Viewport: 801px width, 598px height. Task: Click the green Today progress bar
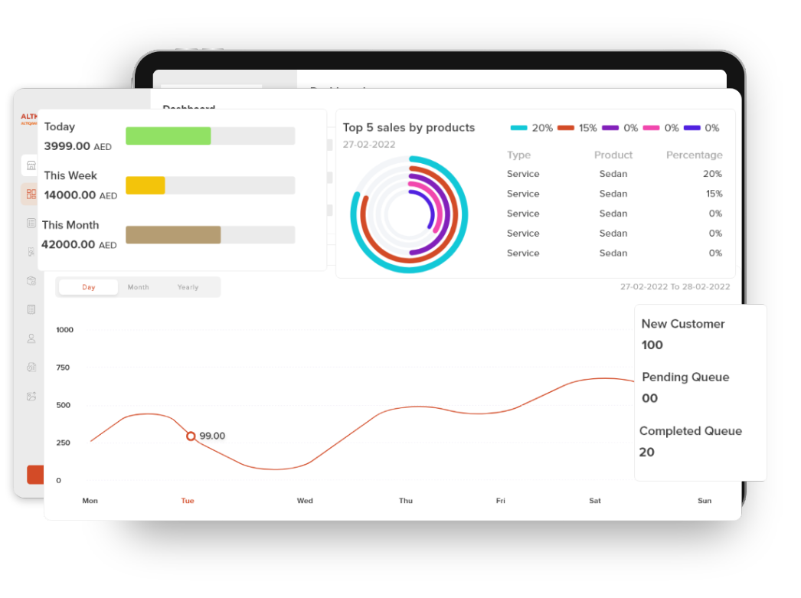pos(168,136)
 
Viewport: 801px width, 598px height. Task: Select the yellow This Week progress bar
pos(145,185)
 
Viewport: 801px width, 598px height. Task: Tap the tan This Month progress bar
pos(173,235)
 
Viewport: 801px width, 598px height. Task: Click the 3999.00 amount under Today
pos(67,146)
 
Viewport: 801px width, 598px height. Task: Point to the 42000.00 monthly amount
pos(68,245)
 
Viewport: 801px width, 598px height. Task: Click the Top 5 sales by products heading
pos(409,128)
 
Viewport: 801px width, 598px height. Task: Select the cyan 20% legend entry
pos(531,128)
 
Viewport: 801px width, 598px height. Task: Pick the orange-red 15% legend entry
pos(577,128)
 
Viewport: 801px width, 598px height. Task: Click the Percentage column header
pos(694,155)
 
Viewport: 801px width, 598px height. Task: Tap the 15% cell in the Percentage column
pos(714,194)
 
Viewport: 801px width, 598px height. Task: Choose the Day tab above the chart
pos(89,287)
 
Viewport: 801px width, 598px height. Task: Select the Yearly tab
pos(188,287)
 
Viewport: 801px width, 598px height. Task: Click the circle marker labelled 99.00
pos(191,436)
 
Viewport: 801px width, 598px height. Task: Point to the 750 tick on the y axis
pos(63,368)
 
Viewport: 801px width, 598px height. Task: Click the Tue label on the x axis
pos(188,501)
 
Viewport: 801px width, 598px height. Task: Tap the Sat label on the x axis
pos(595,501)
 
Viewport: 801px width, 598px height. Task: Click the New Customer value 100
pos(652,345)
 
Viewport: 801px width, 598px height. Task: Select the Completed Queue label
pos(691,431)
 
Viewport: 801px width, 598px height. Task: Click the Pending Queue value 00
pos(650,398)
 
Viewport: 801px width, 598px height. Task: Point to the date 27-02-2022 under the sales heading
pos(369,144)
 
